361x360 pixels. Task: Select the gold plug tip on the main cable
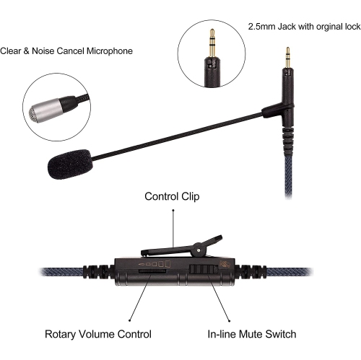pos(287,55)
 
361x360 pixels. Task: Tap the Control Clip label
pos(173,196)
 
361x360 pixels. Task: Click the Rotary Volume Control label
pos(98,334)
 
